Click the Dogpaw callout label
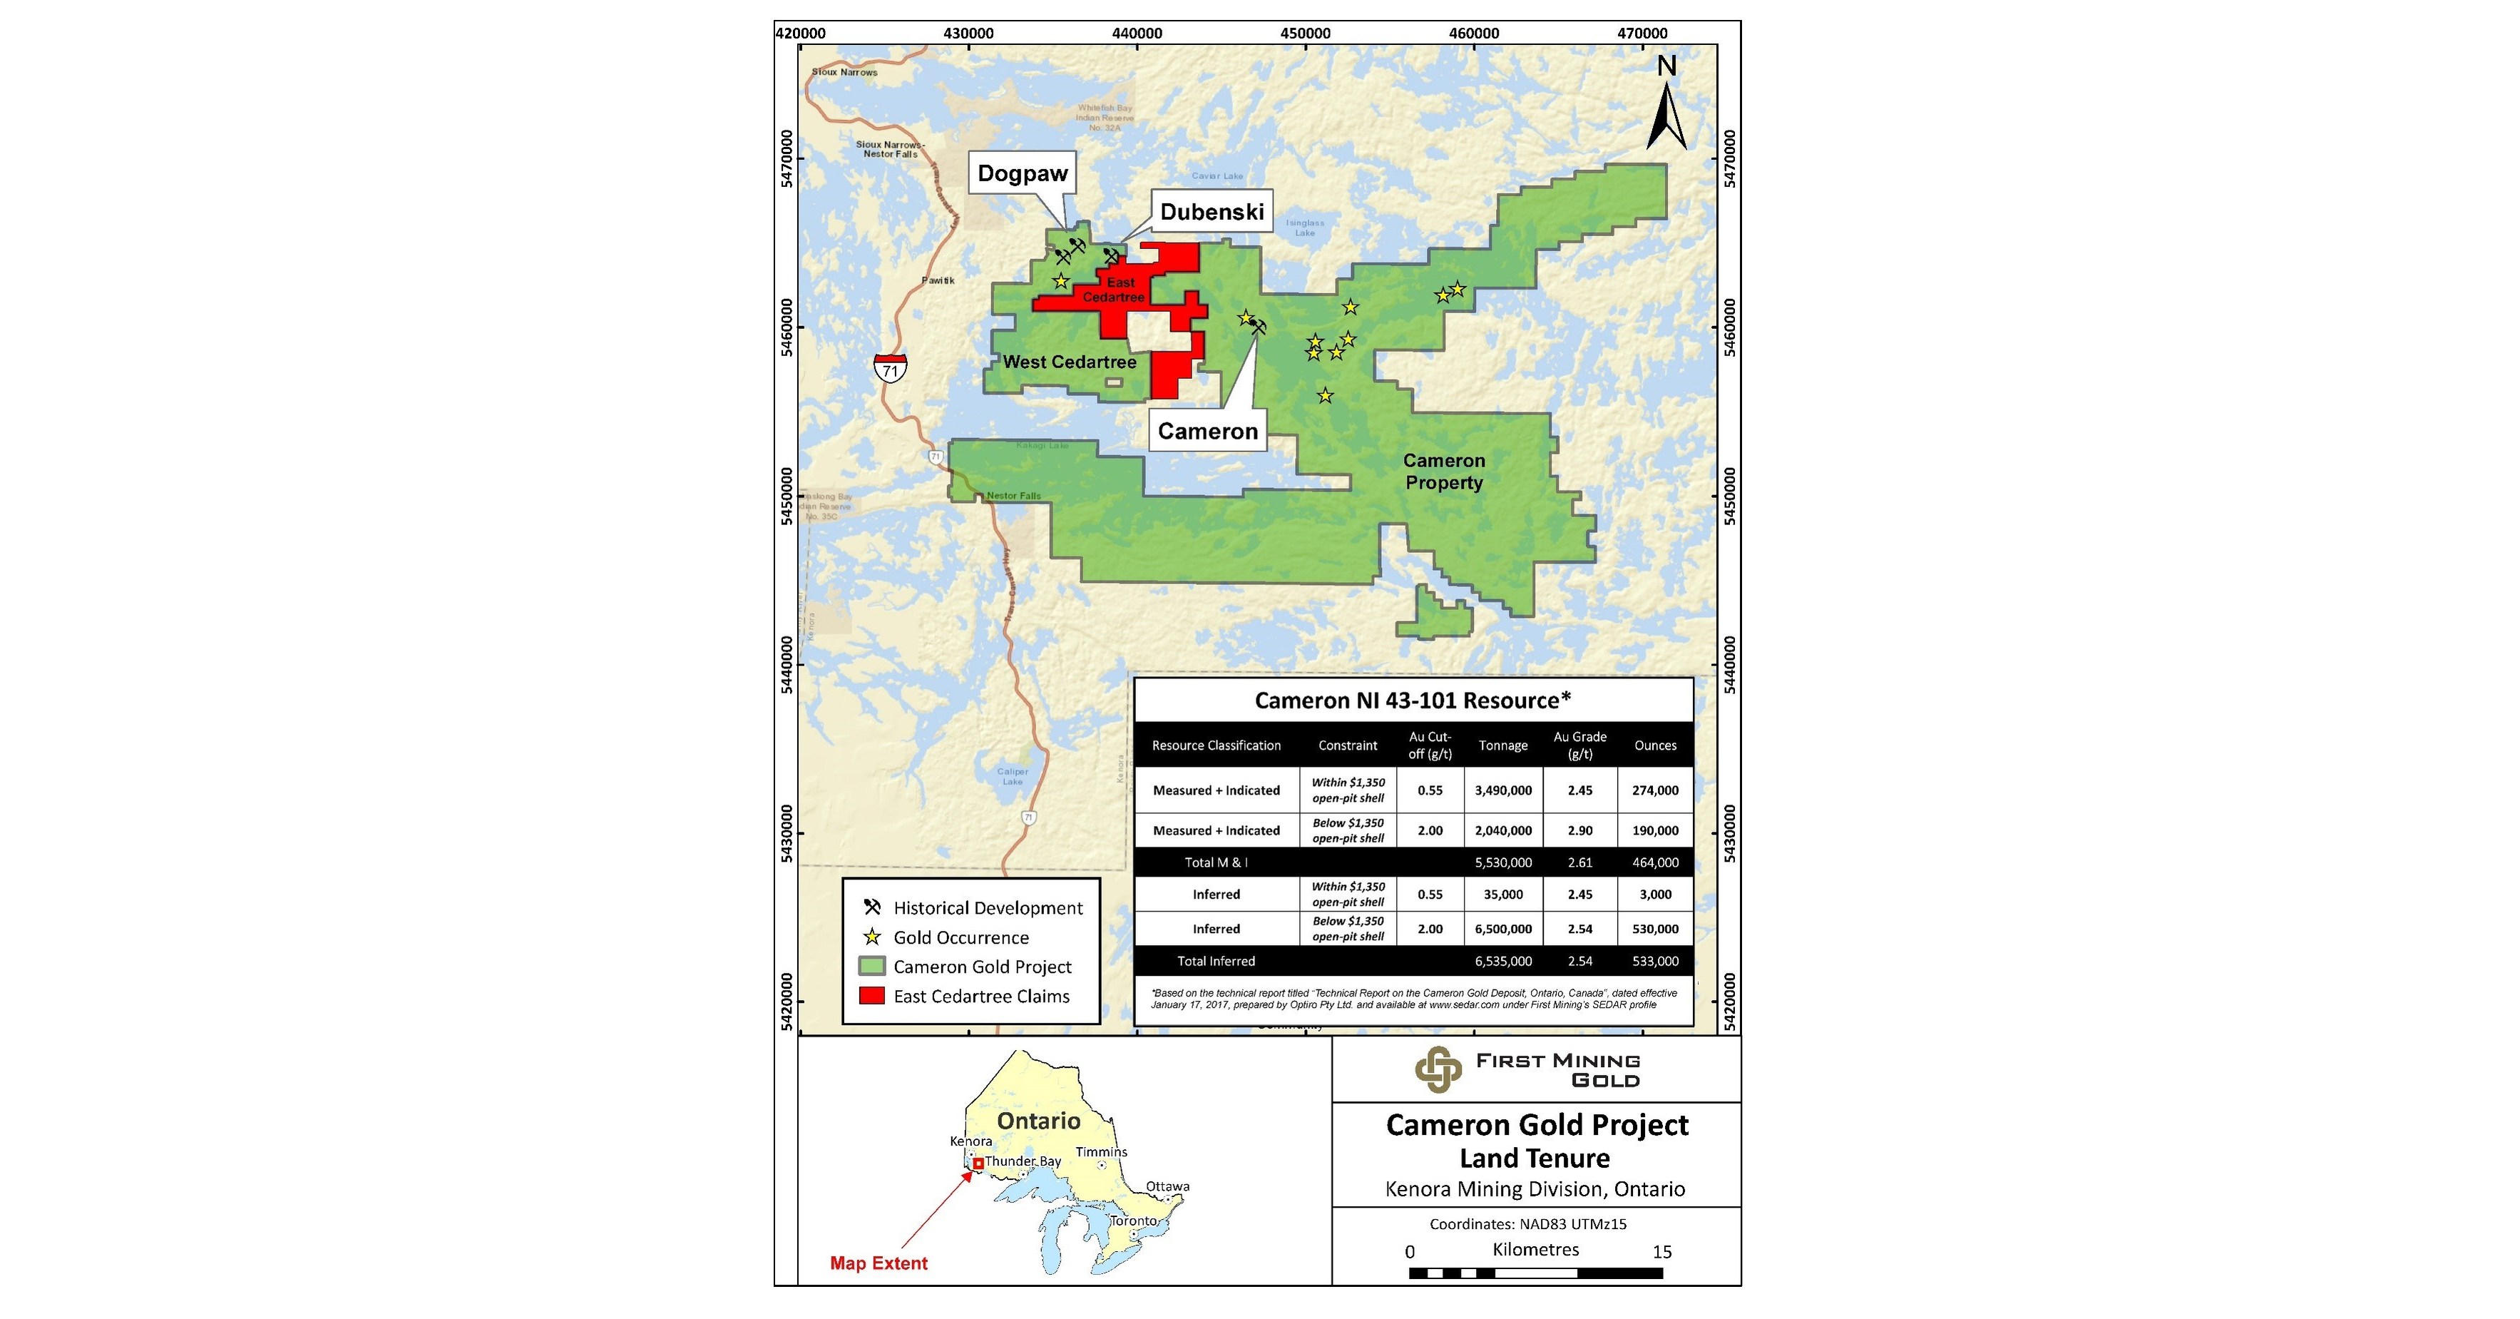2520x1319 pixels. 1023,174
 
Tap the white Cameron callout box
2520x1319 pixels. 1207,432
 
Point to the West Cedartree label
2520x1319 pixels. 1069,362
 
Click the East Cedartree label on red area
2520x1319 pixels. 1115,290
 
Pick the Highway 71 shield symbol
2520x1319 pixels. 890,368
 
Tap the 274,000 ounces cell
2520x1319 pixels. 1655,790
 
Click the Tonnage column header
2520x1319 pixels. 1502,745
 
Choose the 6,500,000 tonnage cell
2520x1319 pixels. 1502,930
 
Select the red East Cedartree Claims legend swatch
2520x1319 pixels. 871,996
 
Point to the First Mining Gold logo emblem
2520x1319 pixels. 1438,1069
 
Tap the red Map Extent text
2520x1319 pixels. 879,1263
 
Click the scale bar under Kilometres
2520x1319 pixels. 1535,1273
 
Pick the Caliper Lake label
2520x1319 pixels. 1013,776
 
